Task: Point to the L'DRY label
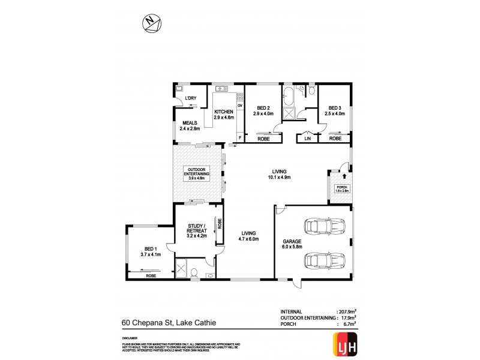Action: [191, 98]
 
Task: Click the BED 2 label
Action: [263, 110]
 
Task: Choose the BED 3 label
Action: [335, 110]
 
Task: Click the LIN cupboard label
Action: [307, 139]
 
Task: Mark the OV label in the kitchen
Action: [239, 106]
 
